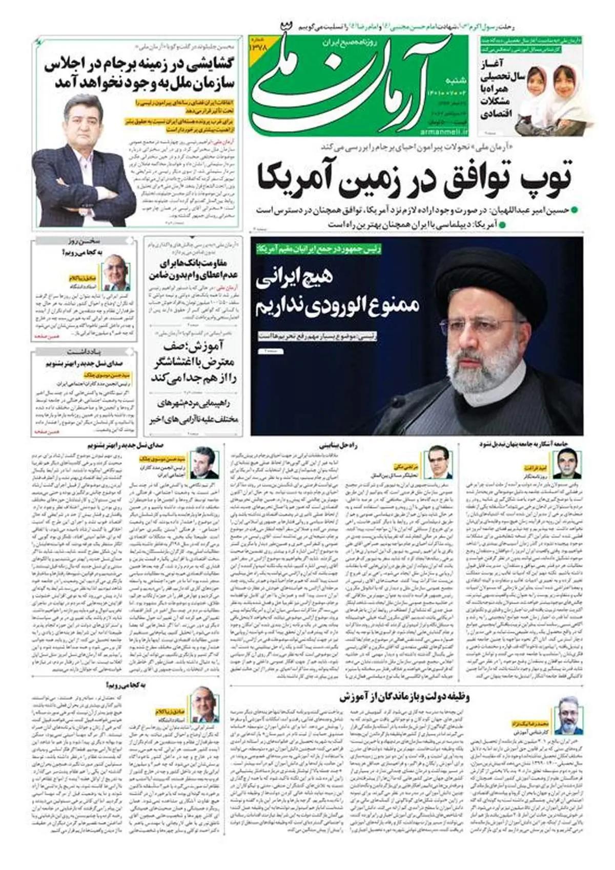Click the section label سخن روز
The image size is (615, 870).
click(85, 241)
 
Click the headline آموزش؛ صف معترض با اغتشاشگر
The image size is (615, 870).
click(193, 362)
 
